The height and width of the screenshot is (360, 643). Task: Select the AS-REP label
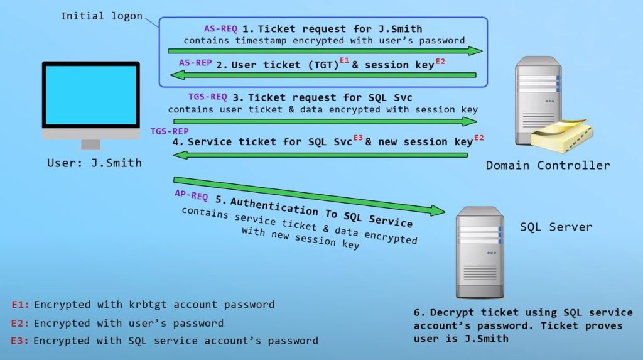[x=195, y=63]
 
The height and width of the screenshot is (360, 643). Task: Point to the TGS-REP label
[x=170, y=131]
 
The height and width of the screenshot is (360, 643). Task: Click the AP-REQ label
[x=192, y=195]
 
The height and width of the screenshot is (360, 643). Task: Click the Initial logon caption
[x=101, y=16]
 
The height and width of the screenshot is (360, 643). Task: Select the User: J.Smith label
[x=94, y=163]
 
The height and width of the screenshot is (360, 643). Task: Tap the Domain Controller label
[x=548, y=165]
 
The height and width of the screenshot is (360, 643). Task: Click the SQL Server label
[x=556, y=226]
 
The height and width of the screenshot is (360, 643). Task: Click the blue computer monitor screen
[x=91, y=95]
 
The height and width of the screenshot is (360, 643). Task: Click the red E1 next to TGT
[x=344, y=61]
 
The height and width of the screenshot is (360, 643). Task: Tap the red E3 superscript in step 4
[x=358, y=138]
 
